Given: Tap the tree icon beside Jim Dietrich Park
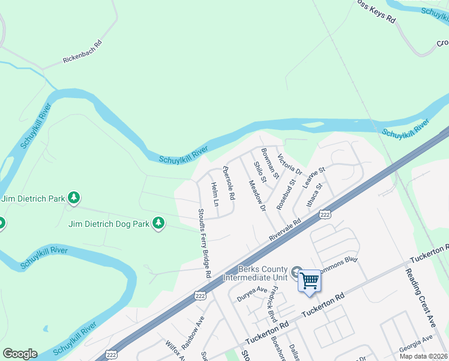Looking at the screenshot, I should [73, 197].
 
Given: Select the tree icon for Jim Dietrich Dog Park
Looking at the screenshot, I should [158, 223].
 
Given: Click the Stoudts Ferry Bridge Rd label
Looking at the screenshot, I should [205, 243].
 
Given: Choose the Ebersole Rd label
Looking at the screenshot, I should [229, 183].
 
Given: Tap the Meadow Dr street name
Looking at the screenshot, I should [257, 196].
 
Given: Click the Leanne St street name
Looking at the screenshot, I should [313, 178].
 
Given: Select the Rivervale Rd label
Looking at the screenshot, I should [285, 230].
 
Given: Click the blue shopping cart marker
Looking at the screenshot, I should [309, 280].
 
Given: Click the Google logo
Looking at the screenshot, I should [20, 354].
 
